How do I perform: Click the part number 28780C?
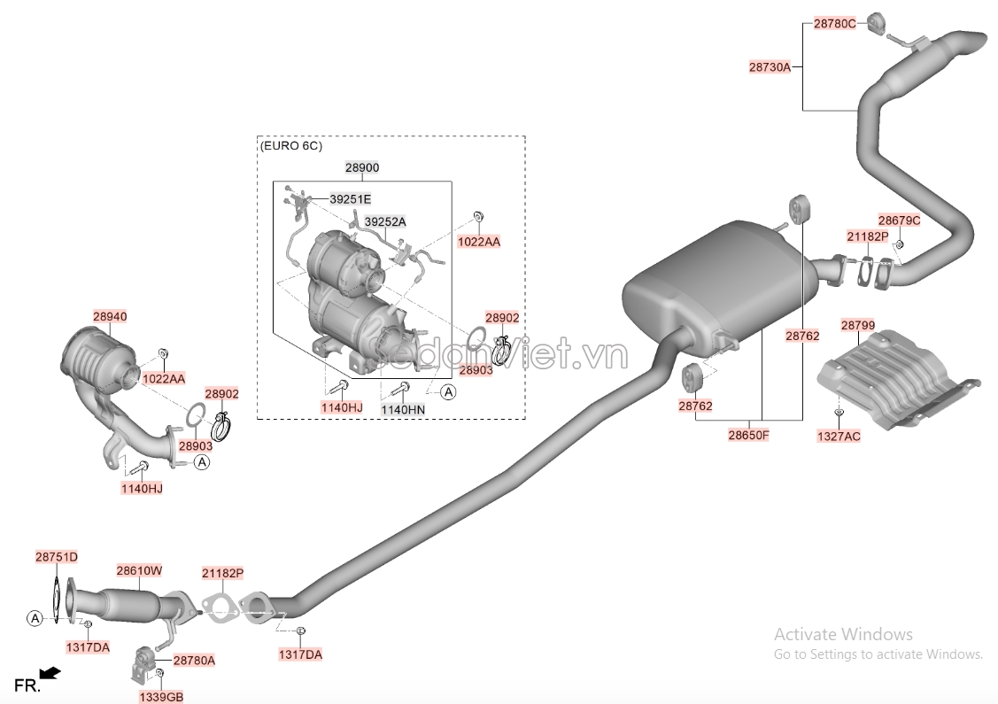pyautogui.click(x=834, y=24)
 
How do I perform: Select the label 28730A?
pyautogui.click(x=769, y=66)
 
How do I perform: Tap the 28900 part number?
pyautogui.click(x=361, y=167)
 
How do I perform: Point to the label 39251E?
pyautogui.click(x=350, y=199)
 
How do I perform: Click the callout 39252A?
pyautogui.click(x=385, y=222)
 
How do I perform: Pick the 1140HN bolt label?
pyautogui.click(x=402, y=410)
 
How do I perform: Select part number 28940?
pyautogui.click(x=110, y=315)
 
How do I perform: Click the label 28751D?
pyautogui.click(x=57, y=557)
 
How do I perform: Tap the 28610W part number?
pyautogui.click(x=140, y=571)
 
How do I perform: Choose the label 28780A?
pyautogui.click(x=194, y=661)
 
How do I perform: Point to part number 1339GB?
pyautogui.click(x=160, y=697)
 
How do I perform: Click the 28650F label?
pyautogui.click(x=748, y=435)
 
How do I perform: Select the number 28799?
pyautogui.click(x=857, y=326)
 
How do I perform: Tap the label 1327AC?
pyautogui.click(x=839, y=436)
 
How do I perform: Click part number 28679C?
pyautogui.click(x=899, y=220)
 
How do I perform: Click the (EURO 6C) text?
pyautogui.click(x=290, y=145)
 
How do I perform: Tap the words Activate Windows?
pyautogui.click(x=842, y=634)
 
